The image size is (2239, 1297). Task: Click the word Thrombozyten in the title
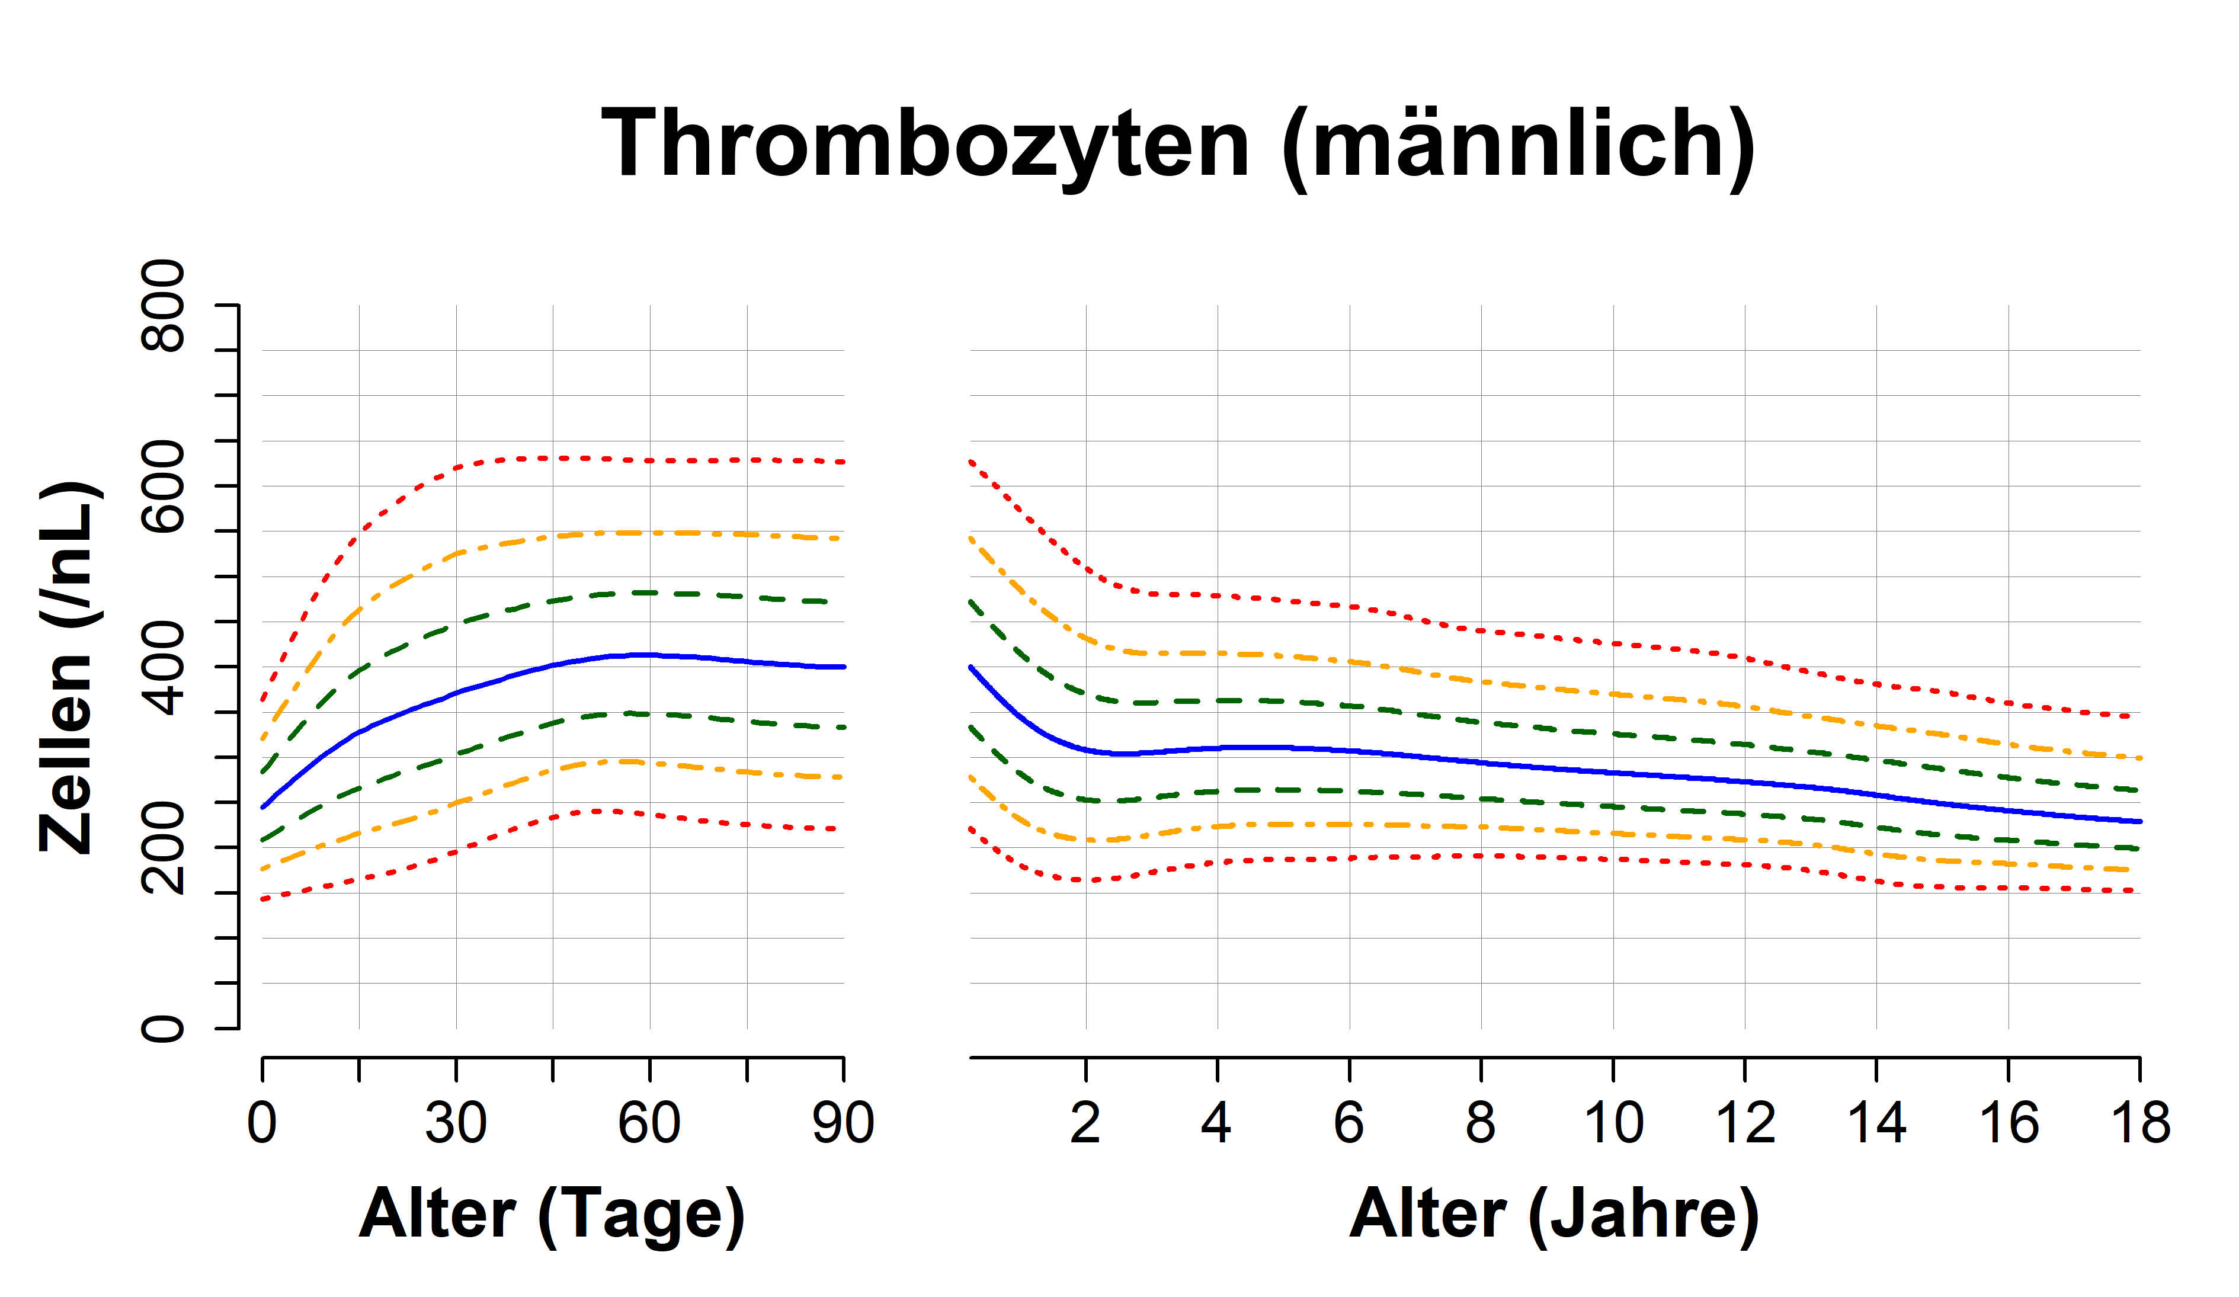(x=924, y=144)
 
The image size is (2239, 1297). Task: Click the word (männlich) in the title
(x=1517, y=144)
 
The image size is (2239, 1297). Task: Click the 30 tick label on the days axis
(x=456, y=1124)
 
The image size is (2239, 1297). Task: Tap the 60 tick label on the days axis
(x=649, y=1124)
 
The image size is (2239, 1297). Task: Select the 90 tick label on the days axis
(x=843, y=1124)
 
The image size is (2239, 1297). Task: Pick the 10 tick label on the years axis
(x=1613, y=1124)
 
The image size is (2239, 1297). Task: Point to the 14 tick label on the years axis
(x=1876, y=1124)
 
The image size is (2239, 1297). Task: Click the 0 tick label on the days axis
(x=262, y=1124)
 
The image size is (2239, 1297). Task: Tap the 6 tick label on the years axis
(x=1348, y=1124)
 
